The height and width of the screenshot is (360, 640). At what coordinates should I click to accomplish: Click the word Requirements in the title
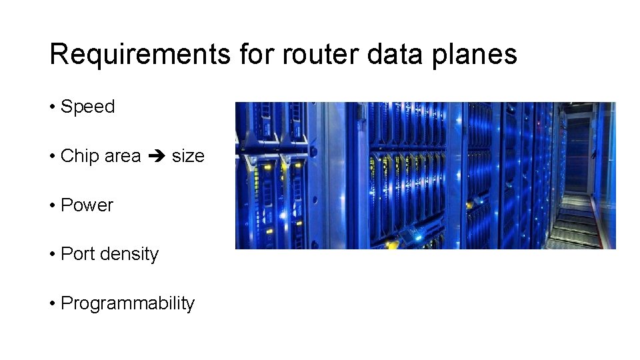141,55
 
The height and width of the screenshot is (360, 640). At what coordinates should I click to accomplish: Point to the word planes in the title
474,55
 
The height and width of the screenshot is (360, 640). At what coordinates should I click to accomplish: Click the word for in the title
257,55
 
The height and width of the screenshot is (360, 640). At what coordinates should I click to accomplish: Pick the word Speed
87,107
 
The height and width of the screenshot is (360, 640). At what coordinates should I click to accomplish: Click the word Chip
77,156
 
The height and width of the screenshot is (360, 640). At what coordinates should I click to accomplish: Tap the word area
123,157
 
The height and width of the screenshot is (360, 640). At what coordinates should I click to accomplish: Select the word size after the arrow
188,156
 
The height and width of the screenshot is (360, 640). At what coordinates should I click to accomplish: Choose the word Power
87,205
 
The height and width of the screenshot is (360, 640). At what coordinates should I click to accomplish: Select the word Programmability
127,304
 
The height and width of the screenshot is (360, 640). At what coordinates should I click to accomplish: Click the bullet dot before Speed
52,107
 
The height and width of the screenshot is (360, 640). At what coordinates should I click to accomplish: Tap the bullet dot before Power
52,206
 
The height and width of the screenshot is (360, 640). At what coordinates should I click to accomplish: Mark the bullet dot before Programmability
52,304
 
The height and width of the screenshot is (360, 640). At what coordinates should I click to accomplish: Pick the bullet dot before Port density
52,255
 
